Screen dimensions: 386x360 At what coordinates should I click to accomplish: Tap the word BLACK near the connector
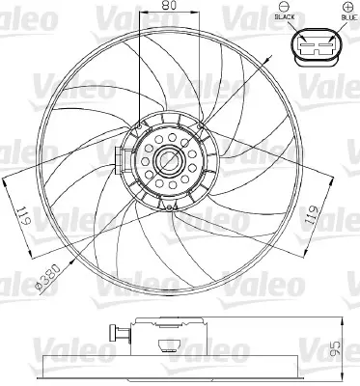(x=287, y=17)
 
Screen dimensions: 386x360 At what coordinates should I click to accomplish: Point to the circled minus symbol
(x=286, y=7)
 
